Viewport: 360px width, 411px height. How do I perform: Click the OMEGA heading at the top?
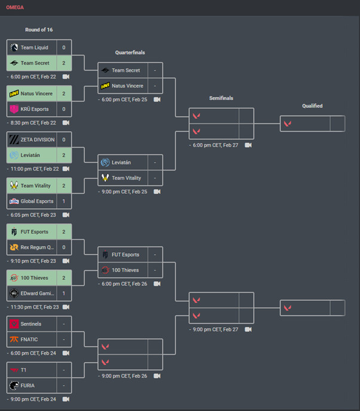16,8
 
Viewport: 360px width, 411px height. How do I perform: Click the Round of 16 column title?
39,29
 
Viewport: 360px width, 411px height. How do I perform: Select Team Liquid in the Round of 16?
34,47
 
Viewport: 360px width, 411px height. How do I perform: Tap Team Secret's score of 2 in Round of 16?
64,63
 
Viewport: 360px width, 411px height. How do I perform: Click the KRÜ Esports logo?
14,109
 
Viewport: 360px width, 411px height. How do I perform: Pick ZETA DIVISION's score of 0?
64,139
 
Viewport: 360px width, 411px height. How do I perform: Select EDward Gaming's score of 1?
64,293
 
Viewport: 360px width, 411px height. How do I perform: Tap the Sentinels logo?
14,324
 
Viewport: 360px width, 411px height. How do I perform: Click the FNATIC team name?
29,339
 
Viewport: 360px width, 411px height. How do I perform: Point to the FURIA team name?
28,385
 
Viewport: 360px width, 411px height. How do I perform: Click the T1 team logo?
14,370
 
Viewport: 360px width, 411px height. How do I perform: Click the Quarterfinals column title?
130,53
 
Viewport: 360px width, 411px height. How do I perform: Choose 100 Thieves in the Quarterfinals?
125,270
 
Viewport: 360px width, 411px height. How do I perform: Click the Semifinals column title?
221,98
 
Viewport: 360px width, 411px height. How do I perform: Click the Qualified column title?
312,106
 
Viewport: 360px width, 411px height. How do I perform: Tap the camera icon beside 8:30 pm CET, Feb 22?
66,123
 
